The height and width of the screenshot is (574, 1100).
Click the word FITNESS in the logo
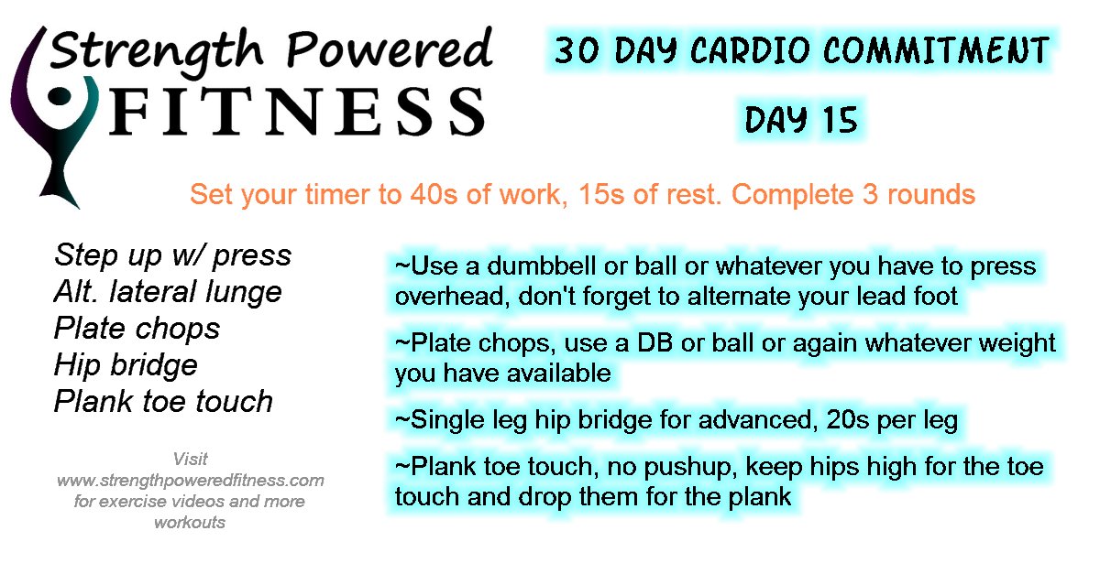[x=297, y=112]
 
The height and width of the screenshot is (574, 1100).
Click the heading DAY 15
[x=801, y=120]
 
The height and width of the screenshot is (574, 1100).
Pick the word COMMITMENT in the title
[x=937, y=50]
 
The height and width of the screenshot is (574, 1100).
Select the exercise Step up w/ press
[x=173, y=255]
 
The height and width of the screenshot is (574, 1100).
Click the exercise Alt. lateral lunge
[x=168, y=292]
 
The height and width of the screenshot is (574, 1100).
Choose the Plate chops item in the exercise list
[x=137, y=329]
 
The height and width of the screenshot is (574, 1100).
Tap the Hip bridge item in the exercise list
[x=126, y=365]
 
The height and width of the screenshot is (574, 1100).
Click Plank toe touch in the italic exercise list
[x=163, y=401]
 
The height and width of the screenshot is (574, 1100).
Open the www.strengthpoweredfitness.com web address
[x=191, y=481]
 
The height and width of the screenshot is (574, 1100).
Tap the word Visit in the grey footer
[x=190, y=460]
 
